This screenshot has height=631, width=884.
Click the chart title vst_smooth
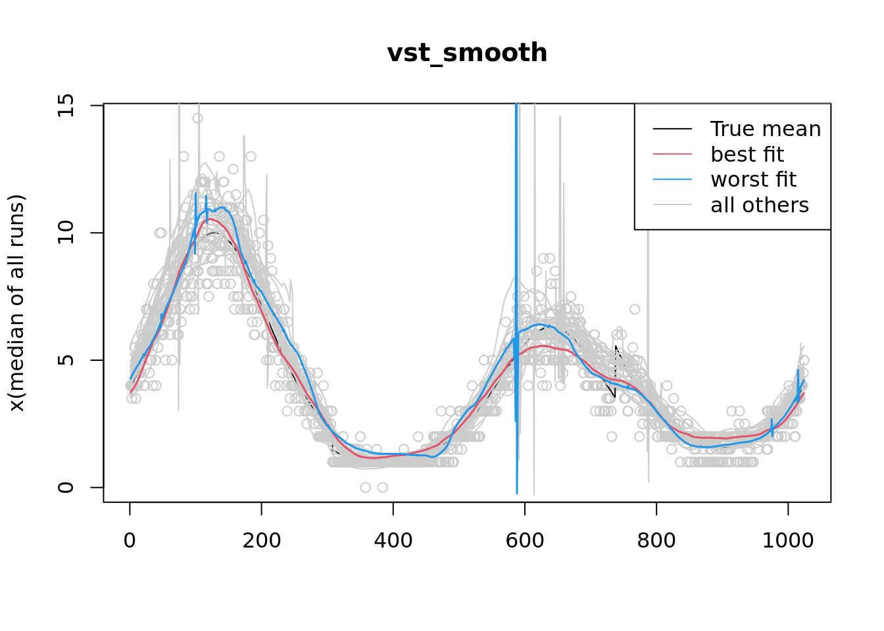pos(467,53)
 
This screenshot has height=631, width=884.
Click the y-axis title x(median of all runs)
pos(16,303)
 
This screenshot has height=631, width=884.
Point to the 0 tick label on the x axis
pos(130,540)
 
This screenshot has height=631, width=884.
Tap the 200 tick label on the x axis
pos(261,540)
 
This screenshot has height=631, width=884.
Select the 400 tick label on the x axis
pos(393,540)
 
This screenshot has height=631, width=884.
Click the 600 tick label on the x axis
pos(524,540)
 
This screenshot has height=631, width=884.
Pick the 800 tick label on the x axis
pos(656,540)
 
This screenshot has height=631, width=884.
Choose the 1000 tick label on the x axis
pos(787,540)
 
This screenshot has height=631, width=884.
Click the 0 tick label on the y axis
pos(66,487)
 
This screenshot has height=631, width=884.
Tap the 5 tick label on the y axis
pos(66,360)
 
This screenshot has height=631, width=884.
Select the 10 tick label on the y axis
pos(66,233)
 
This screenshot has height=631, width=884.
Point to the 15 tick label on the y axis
pos(66,105)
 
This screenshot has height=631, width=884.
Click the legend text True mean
pos(766,129)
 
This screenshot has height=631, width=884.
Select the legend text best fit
pos(747,154)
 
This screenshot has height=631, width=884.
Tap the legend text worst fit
pos(754,179)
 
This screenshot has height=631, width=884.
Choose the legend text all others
pos(760,205)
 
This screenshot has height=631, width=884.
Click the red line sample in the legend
pos(672,154)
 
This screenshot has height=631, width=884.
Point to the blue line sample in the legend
pos(672,179)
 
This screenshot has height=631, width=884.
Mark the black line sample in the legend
pos(672,129)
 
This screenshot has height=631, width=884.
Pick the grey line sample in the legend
pos(672,205)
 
